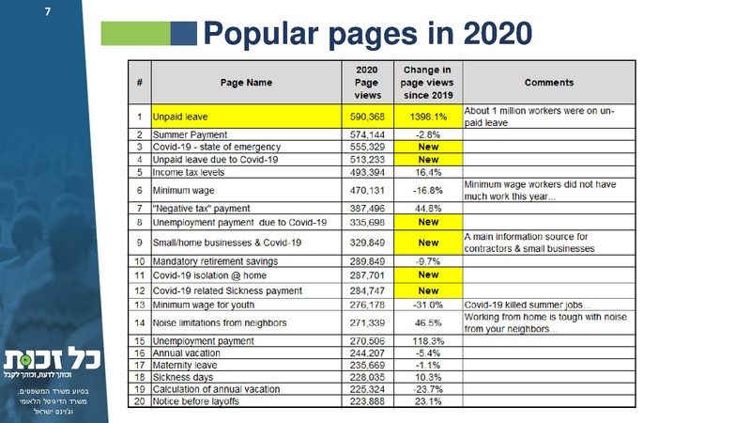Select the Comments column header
(549, 83)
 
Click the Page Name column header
(246, 83)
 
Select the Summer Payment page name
(191, 135)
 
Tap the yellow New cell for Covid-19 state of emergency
(428, 148)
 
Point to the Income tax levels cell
(193, 172)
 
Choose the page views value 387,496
(367, 207)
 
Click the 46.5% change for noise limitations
(428, 322)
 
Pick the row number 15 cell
(139, 339)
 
